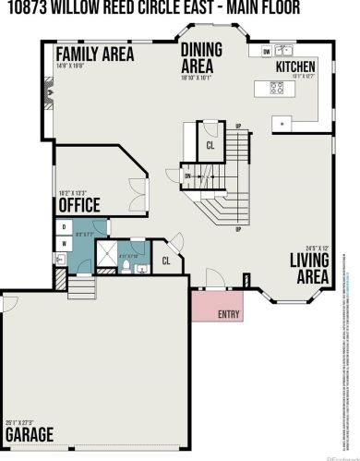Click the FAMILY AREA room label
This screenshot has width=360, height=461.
click(x=95, y=54)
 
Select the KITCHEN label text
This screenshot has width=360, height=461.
click(x=295, y=67)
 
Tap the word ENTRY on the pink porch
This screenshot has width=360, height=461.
click(x=229, y=314)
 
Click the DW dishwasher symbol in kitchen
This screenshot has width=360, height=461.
click(x=266, y=52)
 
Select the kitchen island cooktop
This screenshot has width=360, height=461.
click(x=276, y=89)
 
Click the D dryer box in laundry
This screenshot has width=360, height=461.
click(x=63, y=225)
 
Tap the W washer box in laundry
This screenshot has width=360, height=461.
click(x=63, y=243)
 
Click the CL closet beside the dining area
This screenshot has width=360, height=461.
click(x=210, y=145)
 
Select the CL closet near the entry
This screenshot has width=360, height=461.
click(x=166, y=261)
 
